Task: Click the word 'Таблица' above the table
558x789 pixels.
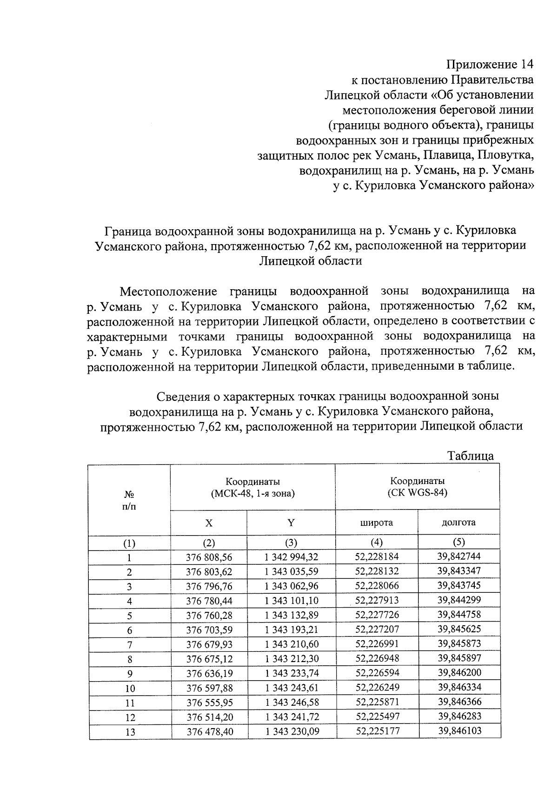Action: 470,456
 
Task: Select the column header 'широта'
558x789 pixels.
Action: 376,523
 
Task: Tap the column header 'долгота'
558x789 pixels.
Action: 458,522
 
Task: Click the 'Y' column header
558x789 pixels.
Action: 291,523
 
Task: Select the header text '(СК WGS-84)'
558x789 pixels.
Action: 417,493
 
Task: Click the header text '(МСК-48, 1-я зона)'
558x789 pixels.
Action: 252,493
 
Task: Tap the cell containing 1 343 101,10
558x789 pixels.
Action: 292,601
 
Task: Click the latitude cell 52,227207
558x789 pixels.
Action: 377,630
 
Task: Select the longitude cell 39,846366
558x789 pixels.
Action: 459,702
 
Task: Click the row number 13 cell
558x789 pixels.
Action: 130,732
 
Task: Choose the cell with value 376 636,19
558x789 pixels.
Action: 209,674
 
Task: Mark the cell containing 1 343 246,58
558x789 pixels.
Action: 292,703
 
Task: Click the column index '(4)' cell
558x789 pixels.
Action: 376,542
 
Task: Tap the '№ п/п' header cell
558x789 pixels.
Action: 130,500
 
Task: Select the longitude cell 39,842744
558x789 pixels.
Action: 459,556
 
